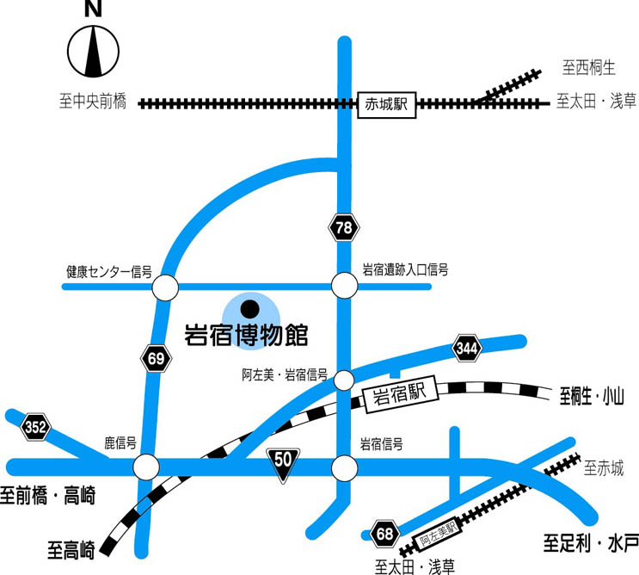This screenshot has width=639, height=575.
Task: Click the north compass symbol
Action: pyautogui.click(x=92, y=51)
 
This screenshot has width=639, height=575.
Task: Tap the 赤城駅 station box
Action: pyautogui.click(x=385, y=105)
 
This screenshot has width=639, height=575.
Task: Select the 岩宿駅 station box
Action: pyautogui.click(x=400, y=397)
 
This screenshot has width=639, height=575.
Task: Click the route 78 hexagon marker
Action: pyautogui.click(x=344, y=227)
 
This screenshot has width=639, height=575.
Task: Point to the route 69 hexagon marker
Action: pyautogui.click(x=156, y=360)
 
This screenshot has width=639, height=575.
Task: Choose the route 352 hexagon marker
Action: pyautogui.click(x=36, y=425)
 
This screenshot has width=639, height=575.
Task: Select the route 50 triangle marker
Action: pyautogui.click(x=283, y=463)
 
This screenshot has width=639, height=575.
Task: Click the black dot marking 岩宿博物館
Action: pyautogui.click(x=249, y=307)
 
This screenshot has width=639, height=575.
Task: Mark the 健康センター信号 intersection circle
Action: pyautogui.click(x=165, y=287)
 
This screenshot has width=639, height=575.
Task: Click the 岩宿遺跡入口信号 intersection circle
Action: pyautogui.click(x=344, y=284)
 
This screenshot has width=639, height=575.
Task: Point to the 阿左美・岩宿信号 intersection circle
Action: pyautogui.click(x=344, y=380)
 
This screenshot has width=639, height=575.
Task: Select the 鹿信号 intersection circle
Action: pyautogui.click(x=146, y=467)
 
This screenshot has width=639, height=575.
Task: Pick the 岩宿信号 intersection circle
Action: pyautogui.click(x=344, y=468)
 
